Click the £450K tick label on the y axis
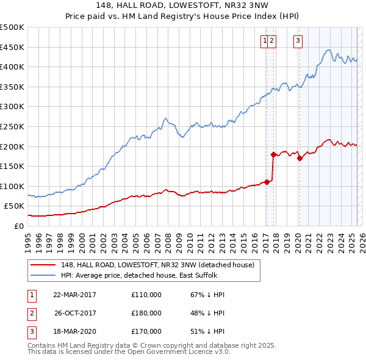coord(12,47)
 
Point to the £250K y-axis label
coord(12,126)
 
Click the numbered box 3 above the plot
coord(298,41)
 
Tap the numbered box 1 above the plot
coord(265,41)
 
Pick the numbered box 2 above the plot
coord(272,41)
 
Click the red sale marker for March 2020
coord(300,159)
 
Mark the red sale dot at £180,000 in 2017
coord(273,154)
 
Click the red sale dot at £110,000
coord(267,182)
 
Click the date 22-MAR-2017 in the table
coord(74,295)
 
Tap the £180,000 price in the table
coord(146,313)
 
